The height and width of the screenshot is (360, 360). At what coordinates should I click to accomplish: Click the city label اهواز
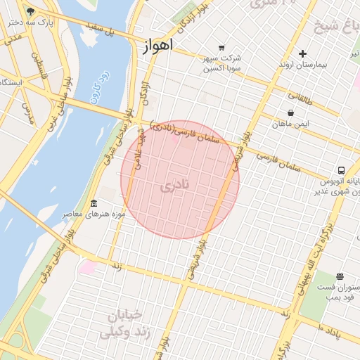pyautogui.click(x=151, y=48)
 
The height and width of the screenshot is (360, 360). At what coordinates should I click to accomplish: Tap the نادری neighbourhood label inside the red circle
pyautogui.click(x=175, y=186)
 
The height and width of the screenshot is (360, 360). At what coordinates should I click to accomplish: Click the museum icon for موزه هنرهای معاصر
pyautogui.click(x=93, y=204)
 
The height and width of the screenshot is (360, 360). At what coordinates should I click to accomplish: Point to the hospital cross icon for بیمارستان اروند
pyautogui.click(x=302, y=53)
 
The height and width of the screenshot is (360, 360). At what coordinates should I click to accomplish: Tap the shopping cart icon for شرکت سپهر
pyautogui.click(x=222, y=47)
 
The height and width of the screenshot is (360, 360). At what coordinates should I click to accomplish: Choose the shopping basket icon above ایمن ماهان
pyautogui.click(x=291, y=112)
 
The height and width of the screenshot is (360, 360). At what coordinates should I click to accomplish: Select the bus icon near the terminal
pyautogui.click(x=341, y=170)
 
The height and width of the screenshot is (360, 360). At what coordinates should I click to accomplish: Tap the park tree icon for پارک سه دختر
pyautogui.click(x=30, y=11)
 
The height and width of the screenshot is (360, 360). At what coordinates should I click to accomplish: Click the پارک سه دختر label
pyautogui.click(x=32, y=22)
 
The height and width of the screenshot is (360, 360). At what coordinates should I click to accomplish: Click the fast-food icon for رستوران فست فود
pyautogui.click(x=340, y=276)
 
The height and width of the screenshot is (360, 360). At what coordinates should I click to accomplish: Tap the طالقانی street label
pyautogui.click(x=304, y=96)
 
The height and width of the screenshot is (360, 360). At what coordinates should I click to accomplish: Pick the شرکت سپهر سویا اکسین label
pyautogui.click(x=222, y=63)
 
